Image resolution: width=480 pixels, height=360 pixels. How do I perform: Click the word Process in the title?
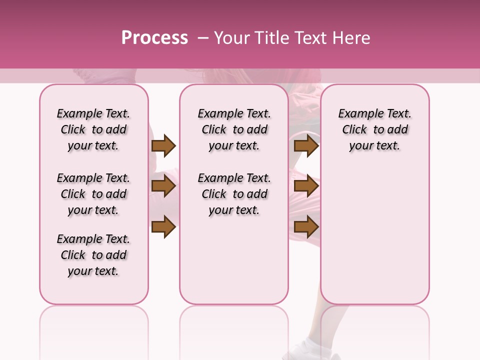point(154,38)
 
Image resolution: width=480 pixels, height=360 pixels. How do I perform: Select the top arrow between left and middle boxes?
point(163,146)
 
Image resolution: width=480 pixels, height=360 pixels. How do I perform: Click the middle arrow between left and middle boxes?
point(163,186)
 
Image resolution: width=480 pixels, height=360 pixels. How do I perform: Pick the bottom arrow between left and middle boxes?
point(163,227)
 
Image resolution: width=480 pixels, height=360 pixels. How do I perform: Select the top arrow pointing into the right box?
point(306,146)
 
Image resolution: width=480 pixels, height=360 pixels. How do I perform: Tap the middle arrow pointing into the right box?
point(306,186)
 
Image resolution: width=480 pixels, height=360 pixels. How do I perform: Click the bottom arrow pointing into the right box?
point(306,227)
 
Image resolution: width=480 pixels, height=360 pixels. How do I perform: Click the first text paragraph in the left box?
point(93,129)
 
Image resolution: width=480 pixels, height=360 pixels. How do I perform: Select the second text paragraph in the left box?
point(93,194)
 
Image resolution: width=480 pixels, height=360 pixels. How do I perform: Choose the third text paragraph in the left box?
point(93,255)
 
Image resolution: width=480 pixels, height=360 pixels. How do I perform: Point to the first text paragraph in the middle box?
point(234,129)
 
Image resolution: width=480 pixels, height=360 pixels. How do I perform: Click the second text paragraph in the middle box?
point(234,194)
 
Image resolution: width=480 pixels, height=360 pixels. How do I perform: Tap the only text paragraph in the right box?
point(374,129)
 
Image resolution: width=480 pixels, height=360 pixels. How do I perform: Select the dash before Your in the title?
point(202,38)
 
